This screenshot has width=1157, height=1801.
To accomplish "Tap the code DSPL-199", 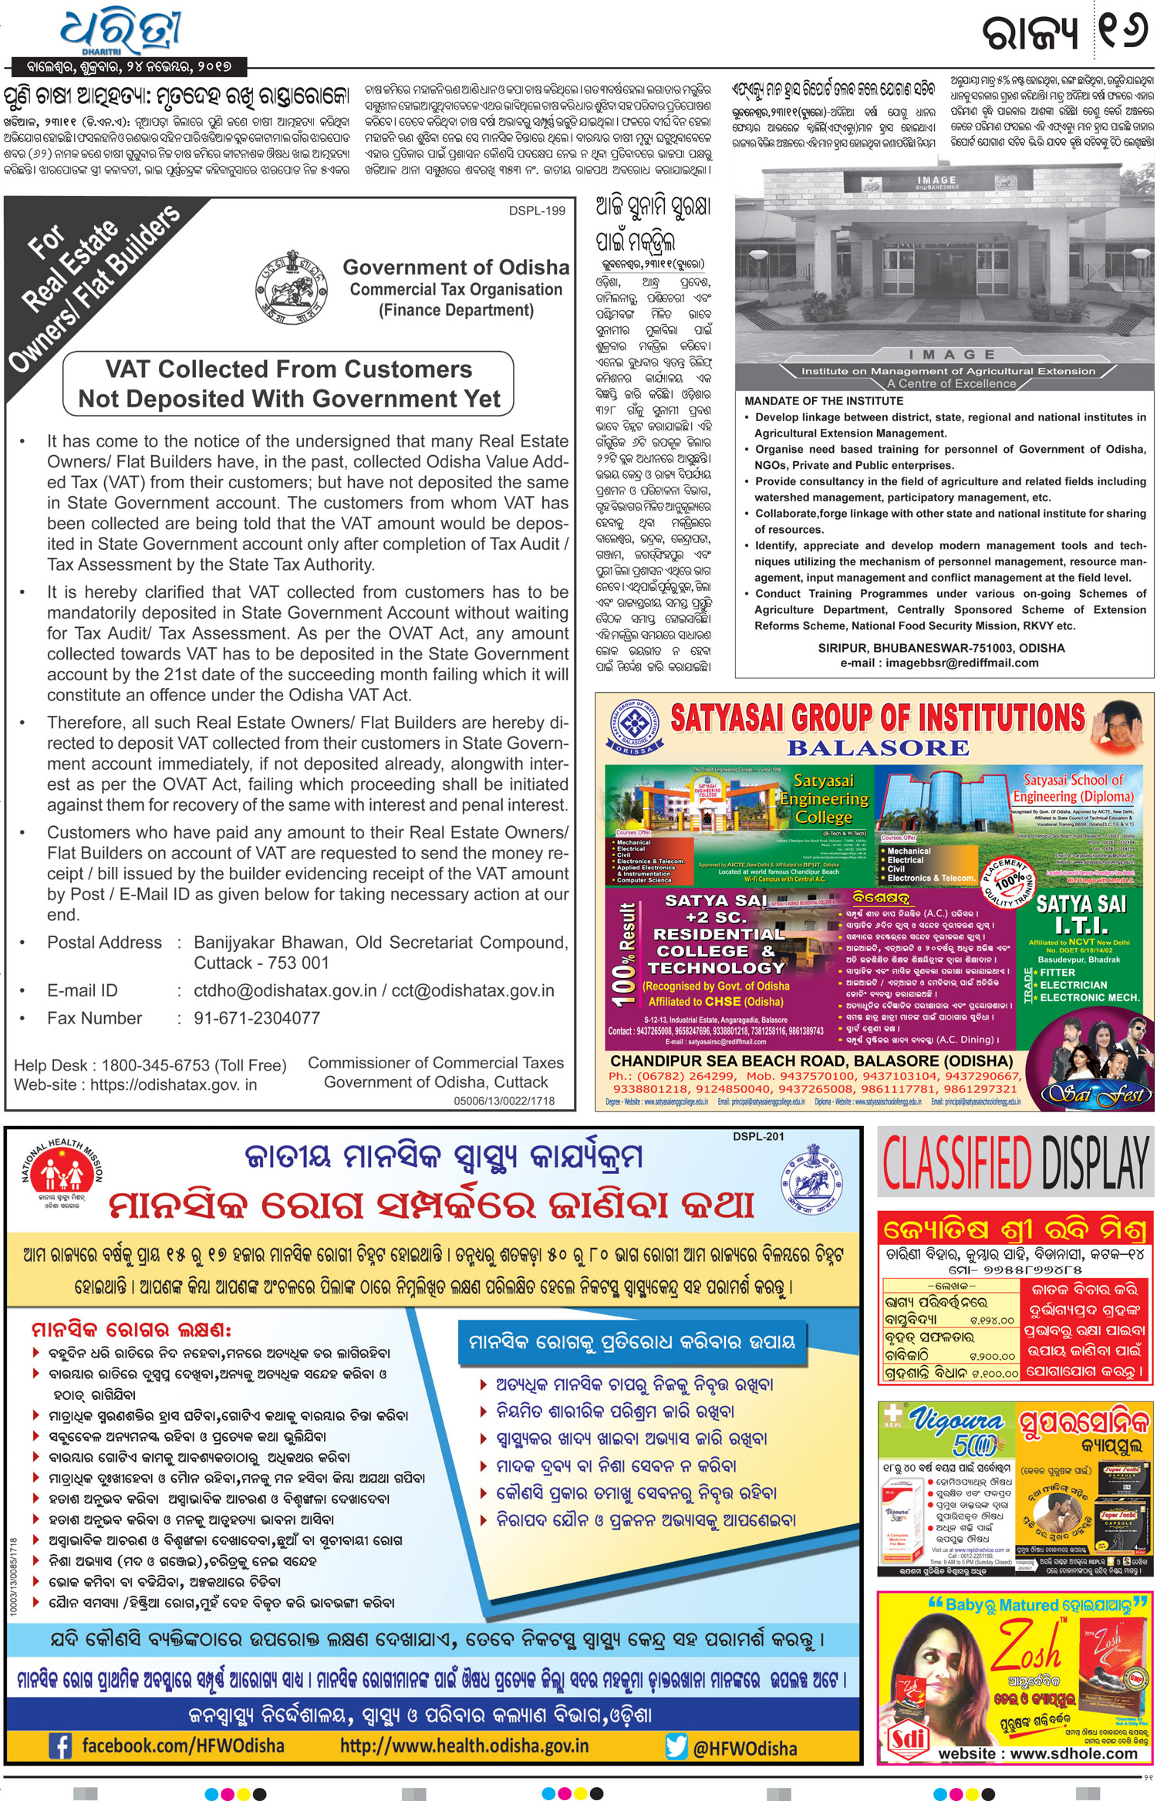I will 537,211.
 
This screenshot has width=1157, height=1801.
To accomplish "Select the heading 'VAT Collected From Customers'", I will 288,369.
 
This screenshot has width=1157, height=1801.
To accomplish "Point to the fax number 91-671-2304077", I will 257,1018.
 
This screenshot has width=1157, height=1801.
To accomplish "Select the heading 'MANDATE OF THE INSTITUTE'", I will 824,401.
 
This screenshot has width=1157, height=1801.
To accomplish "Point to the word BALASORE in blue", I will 878,748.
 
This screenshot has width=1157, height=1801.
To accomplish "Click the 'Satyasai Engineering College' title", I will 824,799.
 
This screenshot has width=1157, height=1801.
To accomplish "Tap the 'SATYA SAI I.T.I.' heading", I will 1081,914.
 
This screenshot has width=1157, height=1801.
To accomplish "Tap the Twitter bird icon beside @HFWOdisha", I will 676,1746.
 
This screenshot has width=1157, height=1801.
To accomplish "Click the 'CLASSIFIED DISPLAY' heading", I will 1016,1165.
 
